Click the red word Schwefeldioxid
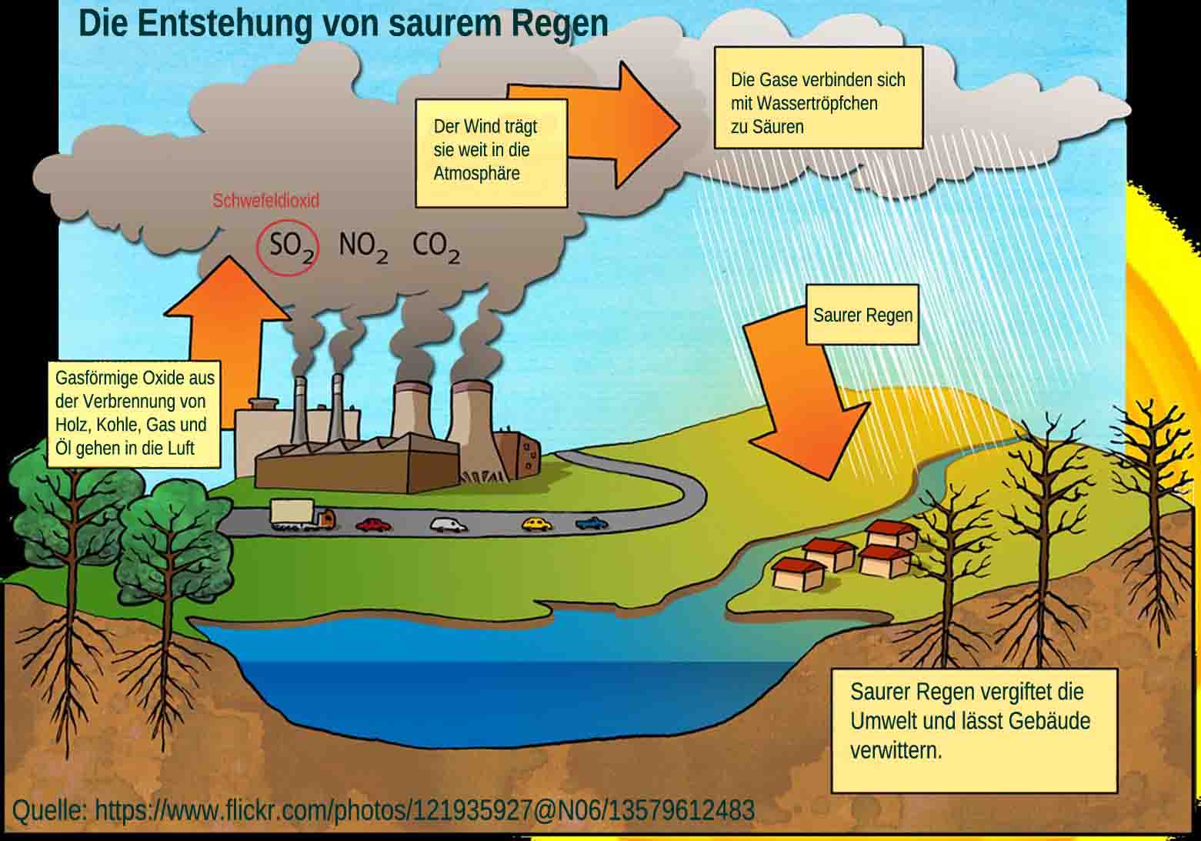point(265,201)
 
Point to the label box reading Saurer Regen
point(862,315)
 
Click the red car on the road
point(373,525)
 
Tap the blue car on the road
point(591,523)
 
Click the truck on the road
point(302,516)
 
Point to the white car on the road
point(449,525)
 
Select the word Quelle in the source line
point(48,810)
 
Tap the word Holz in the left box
point(72,425)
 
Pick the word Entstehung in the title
point(225,23)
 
